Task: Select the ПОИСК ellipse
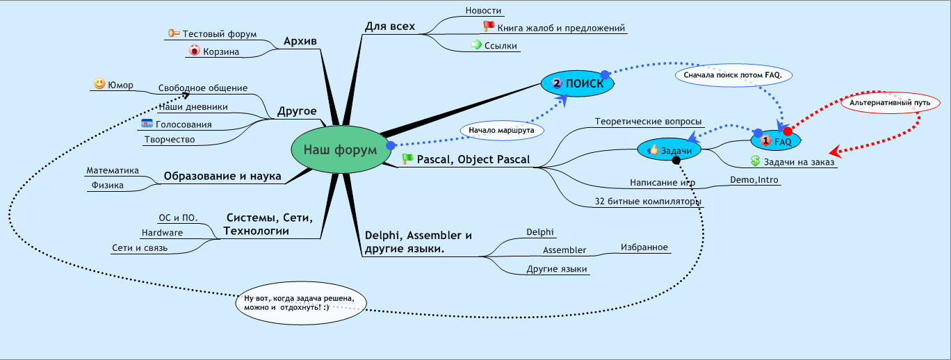coord(577,83)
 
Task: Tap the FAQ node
coord(777,140)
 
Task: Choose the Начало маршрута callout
coord(502,130)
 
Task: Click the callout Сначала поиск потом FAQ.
coord(733,74)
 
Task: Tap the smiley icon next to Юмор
coord(99,84)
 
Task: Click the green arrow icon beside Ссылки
coord(476,45)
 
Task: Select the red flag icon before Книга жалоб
coord(489,27)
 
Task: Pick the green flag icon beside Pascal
coord(407,159)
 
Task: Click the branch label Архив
coord(300,42)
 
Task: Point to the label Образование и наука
coord(222,177)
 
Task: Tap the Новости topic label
coord(483,10)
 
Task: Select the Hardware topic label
coord(162,232)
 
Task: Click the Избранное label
coord(644,247)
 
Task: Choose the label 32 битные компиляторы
coord(648,202)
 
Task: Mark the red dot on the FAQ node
coord(788,131)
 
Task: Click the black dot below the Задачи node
coord(676,161)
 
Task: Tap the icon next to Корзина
coord(195,51)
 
